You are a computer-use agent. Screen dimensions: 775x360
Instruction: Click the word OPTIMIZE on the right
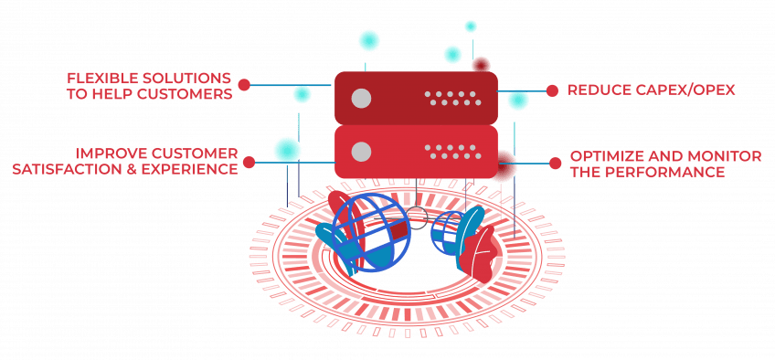coord(608,156)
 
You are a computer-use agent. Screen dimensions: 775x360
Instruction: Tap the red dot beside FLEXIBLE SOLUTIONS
coord(244,85)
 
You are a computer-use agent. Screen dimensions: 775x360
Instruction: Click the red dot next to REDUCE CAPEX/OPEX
coord(553,90)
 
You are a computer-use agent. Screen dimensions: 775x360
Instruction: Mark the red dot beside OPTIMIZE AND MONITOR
coord(556,164)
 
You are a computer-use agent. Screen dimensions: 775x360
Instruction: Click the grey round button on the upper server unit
coord(361,98)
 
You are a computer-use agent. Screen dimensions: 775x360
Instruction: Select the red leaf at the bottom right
coord(477,252)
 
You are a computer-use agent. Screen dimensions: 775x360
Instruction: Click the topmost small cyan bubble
coord(471,26)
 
